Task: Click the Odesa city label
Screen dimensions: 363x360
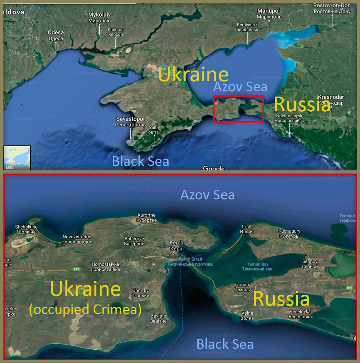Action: pos(56,35)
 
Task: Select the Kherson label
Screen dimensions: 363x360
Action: pos(116,32)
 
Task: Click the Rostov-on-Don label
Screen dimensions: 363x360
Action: pos(332,8)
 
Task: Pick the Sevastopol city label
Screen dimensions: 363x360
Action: pos(130,122)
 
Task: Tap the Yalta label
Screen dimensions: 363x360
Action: pos(154,130)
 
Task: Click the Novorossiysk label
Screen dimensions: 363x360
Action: pos(289,118)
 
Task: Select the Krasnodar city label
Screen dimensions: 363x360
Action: pos(331,100)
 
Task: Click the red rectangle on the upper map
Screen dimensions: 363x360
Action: pos(238,96)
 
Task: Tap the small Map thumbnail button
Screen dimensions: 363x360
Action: pos(17,157)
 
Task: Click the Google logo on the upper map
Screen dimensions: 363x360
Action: pos(213,168)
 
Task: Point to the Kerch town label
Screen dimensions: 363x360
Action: pos(176,246)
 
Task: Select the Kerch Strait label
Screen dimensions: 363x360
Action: pos(190,261)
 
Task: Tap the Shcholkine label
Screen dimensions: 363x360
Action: pos(26,229)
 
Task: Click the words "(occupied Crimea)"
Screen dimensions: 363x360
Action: pos(85,309)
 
